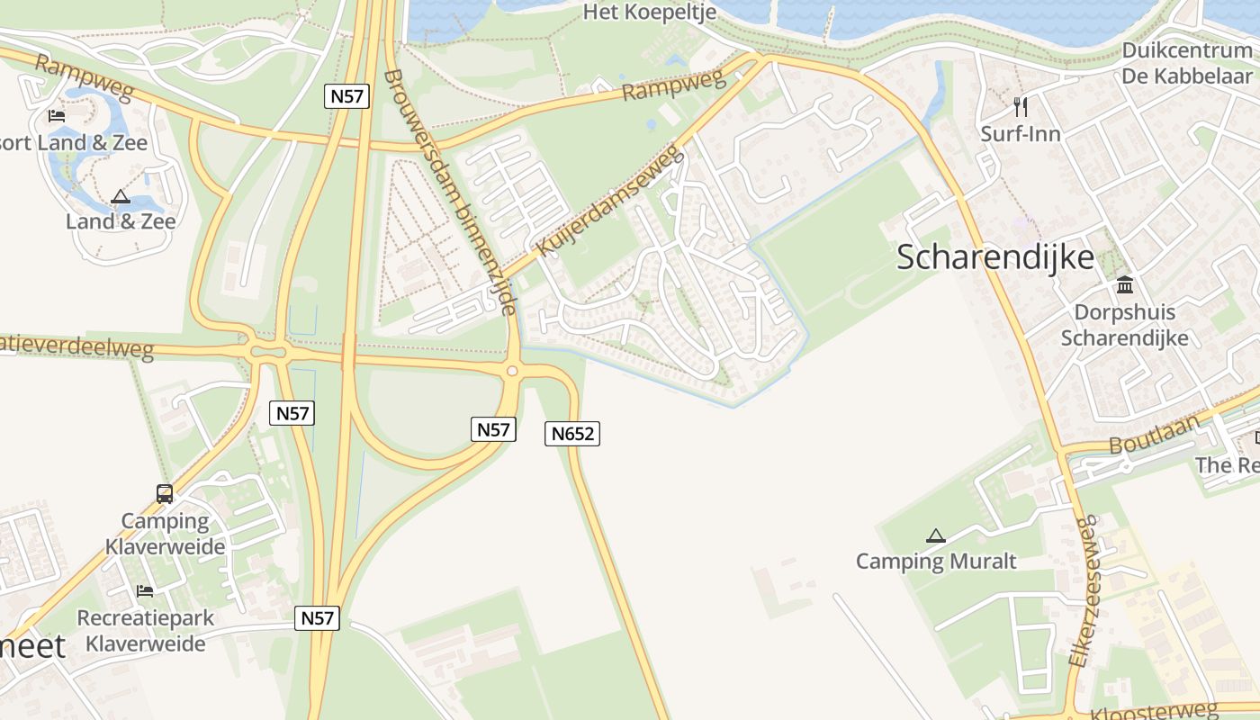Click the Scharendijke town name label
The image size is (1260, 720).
(x=995, y=258)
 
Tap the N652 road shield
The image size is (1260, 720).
(x=572, y=434)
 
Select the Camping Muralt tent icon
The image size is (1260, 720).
(x=936, y=536)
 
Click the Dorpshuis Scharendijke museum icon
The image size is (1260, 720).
(x=1124, y=286)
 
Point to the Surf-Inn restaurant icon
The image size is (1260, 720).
(x=1021, y=107)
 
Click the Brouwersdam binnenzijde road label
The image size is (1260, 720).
(x=450, y=192)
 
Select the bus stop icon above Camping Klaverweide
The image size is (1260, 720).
(x=165, y=493)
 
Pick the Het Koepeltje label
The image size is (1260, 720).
(x=650, y=12)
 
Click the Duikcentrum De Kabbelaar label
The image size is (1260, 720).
(x=1187, y=63)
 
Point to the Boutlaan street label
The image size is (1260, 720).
(x=1154, y=436)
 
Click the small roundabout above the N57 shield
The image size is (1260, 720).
(x=512, y=371)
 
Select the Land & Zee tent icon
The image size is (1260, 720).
(x=120, y=196)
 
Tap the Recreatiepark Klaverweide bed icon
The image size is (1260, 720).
(x=144, y=591)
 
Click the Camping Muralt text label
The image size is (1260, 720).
(x=936, y=562)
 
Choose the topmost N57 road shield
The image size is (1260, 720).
(x=347, y=96)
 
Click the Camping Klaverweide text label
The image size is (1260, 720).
(x=165, y=534)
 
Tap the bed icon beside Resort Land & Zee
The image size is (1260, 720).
(x=57, y=116)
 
